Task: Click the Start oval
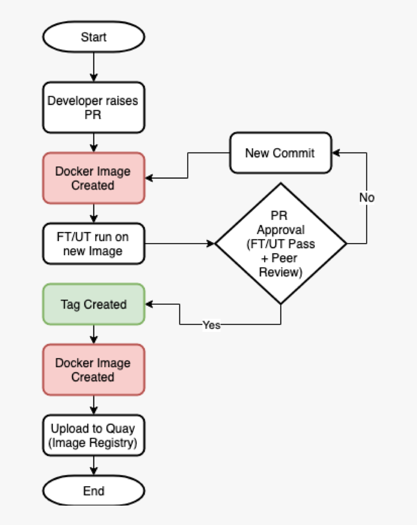point(94,37)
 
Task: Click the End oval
point(94,491)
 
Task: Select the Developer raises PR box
point(93,108)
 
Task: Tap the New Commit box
point(281,154)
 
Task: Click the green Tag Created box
point(93,305)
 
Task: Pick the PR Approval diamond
point(281,243)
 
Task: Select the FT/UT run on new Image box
point(93,244)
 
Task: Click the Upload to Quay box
point(93,435)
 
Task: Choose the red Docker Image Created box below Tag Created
point(93,370)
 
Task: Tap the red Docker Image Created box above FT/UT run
point(93,178)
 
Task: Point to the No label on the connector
point(367,198)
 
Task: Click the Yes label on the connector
point(211,325)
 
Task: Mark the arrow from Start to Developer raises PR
point(94,67)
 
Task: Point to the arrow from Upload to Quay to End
point(94,466)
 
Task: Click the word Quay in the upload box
point(122,429)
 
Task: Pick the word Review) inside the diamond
point(281,272)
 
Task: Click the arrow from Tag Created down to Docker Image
point(94,334)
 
